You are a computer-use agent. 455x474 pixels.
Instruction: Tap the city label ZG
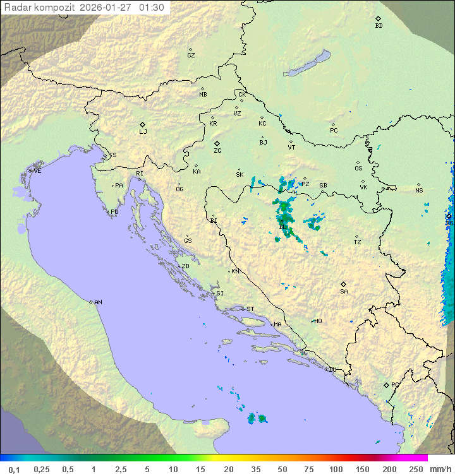[x=217, y=151]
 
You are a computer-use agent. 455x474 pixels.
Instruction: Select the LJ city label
[x=143, y=132]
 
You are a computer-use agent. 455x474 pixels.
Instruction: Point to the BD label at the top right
[x=379, y=26]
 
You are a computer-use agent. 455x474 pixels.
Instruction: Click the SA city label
[x=344, y=292]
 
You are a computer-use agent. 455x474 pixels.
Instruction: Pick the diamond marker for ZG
[x=217, y=144]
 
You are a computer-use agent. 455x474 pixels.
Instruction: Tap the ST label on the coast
[x=250, y=309]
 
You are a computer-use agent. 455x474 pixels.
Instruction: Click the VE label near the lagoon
[x=37, y=171]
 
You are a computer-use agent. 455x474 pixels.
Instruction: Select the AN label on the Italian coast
[x=98, y=302]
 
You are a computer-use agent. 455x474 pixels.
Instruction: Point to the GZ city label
[x=191, y=56]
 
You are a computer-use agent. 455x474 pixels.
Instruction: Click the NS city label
[x=419, y=191]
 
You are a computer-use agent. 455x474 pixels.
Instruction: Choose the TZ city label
[x=357, y=242]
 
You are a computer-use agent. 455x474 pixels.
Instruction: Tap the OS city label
[x=358, y=169]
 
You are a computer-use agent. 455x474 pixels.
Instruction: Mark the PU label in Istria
[x=114, y=212]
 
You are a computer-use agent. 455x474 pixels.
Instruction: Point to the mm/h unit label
[x=440, y=469]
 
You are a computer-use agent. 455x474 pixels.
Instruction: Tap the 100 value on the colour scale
[x=335, y=469]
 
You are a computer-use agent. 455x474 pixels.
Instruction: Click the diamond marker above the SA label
[x=344, y=284]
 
